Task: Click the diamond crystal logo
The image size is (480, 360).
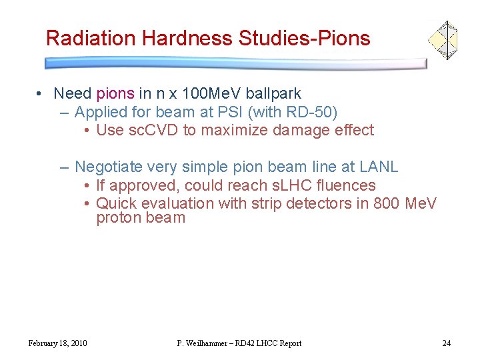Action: [x=442, y=39]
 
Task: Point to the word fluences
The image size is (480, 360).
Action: [x=345, y=185]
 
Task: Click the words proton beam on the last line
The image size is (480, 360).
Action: [x=141, y=218]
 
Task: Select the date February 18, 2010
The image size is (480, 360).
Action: [x=57, y=343]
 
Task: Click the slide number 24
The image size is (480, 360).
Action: [x=446, y=343]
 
